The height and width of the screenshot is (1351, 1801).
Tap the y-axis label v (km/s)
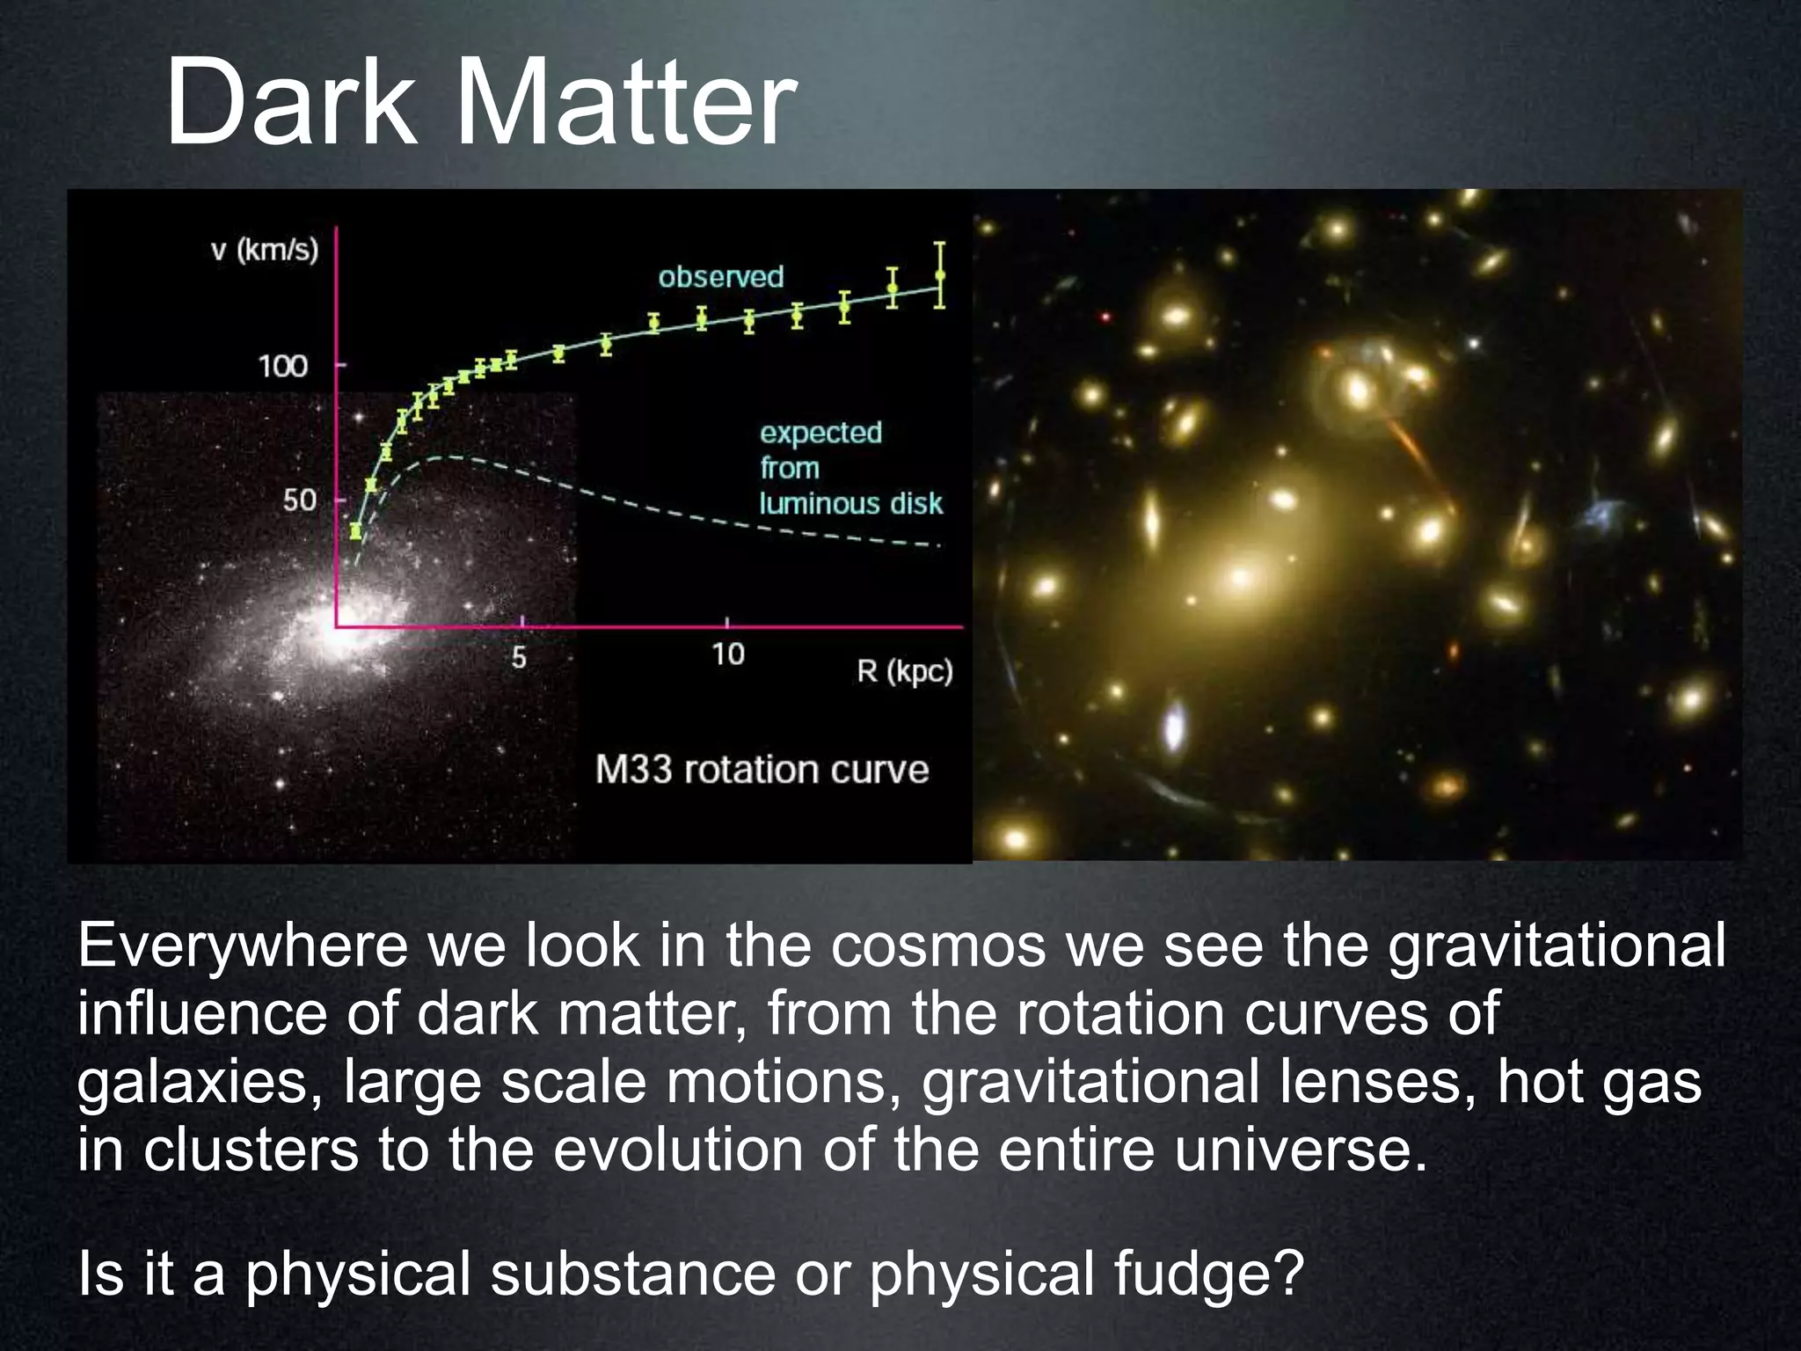coord(265,251)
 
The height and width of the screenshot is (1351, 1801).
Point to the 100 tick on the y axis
coord(282,366)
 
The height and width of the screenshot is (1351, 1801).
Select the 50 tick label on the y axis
coord(299,500)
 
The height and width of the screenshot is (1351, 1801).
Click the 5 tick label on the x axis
coord(519,657)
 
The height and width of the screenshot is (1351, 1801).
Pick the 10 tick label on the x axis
coord(728,654)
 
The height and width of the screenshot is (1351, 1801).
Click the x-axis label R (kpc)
coord(905,672)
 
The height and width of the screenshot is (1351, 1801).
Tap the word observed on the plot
coord(720,277)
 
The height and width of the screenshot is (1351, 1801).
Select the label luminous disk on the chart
coord(850,503)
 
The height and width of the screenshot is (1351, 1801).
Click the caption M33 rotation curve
coord(762,770)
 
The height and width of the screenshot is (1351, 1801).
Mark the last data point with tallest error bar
coord(940,275)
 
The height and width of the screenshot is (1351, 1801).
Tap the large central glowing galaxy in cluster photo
coord(1240,576)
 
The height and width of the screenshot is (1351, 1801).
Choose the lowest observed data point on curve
coord(355,530)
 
